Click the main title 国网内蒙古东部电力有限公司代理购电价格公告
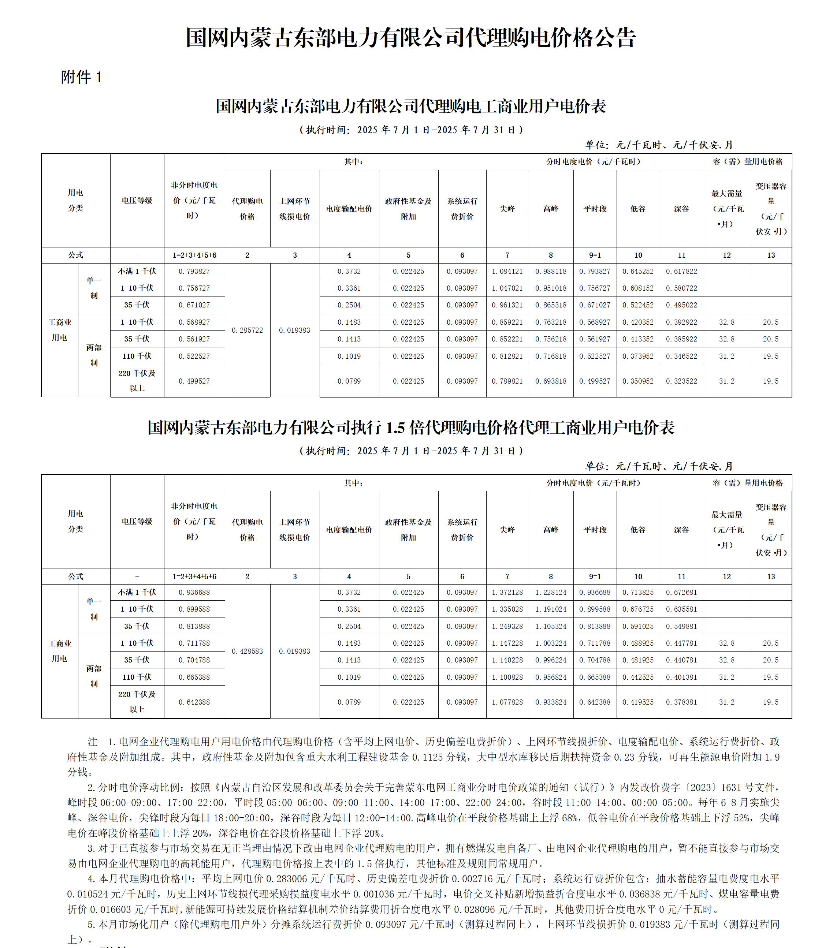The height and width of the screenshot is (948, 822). pyautogui.click(x=410, y=38)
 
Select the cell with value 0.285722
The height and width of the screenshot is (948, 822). pyautogui.click(x=247, y=330)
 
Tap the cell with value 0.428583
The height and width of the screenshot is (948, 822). pyautogui.click(x=247, y=651)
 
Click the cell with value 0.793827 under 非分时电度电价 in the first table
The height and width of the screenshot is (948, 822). pyautogui.click(x=194, y=272)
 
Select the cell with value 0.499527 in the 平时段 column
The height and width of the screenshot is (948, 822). pyautogui.click(x=595, y=381)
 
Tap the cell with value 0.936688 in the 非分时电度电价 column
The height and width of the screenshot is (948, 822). pyautogui.click(x=194, y=593)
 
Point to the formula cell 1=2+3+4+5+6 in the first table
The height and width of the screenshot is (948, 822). pyautogui.click(x=194, y=255)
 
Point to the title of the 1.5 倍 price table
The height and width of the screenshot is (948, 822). pyautogui.click(x=410, y=428)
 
